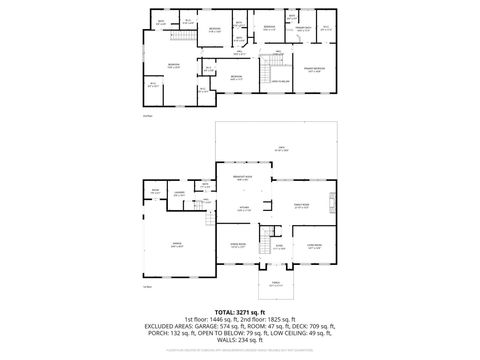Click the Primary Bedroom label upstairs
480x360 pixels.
point(314,70)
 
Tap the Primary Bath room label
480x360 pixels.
point(304,29)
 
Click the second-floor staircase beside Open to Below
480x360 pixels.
point(267,78)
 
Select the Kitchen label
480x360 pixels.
point(243,210)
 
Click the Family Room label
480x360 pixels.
point(301,206)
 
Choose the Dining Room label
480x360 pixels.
point(239,244)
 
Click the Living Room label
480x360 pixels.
point(314,244)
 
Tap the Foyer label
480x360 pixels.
point(280,246)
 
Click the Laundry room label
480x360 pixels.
point(180,194)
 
